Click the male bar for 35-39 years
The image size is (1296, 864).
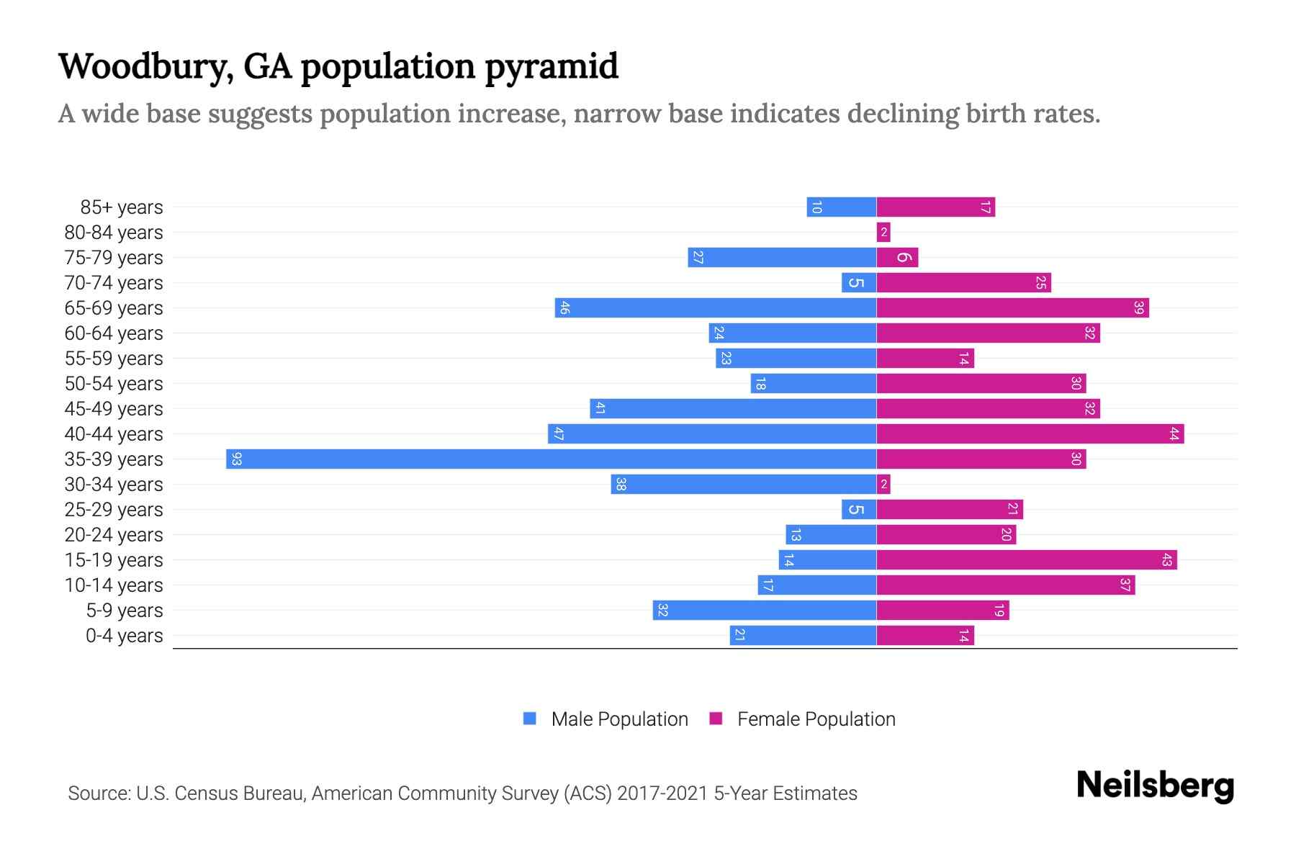pos(551,459)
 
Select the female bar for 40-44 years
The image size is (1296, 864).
pos(1030,434)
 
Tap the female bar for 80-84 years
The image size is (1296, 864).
pos(883,233)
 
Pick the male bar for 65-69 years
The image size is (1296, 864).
pos(715,308)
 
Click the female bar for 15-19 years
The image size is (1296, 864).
pos(1026,560)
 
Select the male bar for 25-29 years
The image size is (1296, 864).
pos(858,510)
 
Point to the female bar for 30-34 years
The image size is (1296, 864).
pos(883,485)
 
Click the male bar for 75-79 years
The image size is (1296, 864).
pos(781,258)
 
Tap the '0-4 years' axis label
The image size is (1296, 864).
pos(124,636)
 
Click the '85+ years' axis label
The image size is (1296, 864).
pos(121,207)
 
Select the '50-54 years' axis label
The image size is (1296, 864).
pos(114,384)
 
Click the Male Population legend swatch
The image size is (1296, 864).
pos(530,719)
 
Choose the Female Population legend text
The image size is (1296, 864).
pos(816,719)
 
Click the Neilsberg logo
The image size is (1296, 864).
pos(1155,786)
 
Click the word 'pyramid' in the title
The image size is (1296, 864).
pos(551,67)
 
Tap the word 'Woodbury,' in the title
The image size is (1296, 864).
pos(145,67)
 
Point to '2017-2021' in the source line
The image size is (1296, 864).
pos(662,793)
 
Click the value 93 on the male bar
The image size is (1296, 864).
pos(236,459)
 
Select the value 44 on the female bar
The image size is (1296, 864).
pos(1174,434)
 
